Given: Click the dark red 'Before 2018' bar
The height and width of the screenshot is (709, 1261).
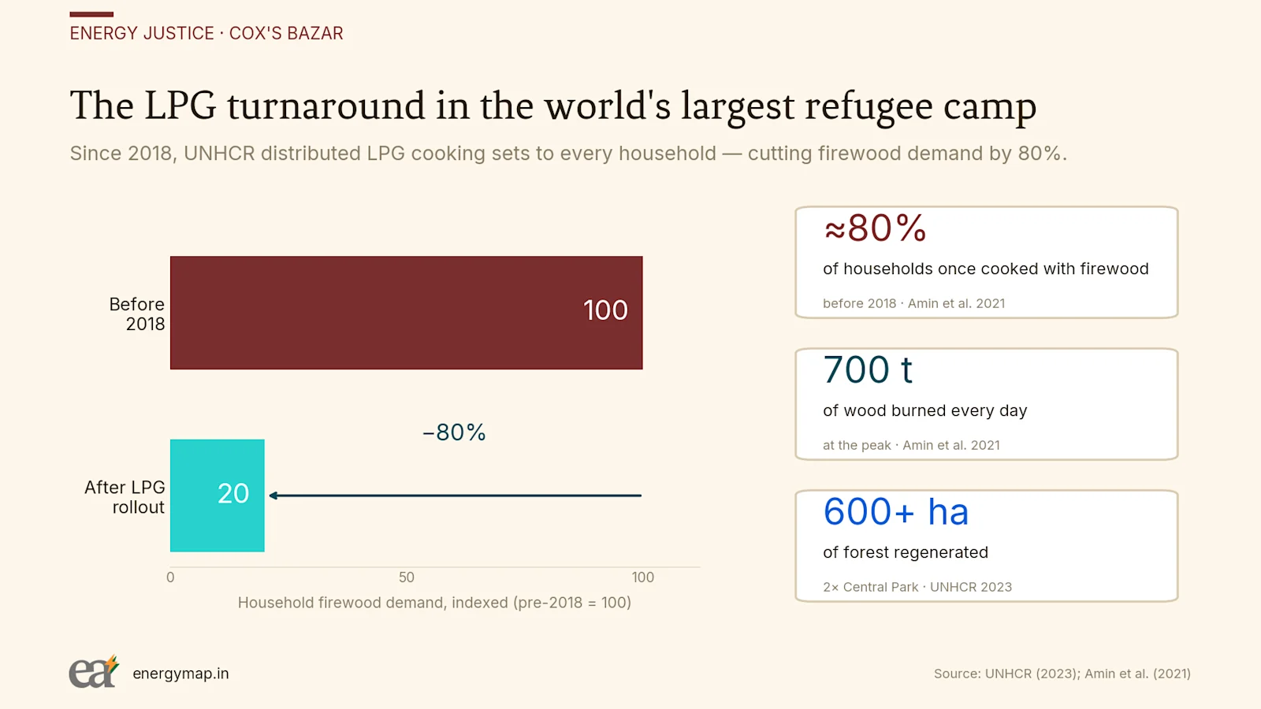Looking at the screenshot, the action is [x=406, y=313].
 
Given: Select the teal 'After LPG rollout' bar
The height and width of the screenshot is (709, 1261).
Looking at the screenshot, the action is [x=218, y=496].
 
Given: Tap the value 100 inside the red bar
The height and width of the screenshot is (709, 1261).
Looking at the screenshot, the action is [x=605, y=310].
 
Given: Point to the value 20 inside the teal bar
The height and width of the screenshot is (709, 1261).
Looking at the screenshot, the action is [x=233, y=493].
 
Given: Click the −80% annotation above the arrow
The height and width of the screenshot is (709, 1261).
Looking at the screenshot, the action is [x=454, y=432].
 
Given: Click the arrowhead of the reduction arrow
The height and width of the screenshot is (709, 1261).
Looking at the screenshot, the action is [x=273, y=496].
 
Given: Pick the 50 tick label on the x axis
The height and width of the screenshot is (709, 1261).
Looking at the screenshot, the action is [x=407, y=577].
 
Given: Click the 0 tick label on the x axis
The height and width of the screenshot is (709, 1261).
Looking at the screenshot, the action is [x=170, y=577].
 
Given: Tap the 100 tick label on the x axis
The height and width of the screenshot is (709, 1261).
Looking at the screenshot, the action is [x=643, y=577].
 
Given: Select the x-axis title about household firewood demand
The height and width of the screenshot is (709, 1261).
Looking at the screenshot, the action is [x=434, y=603].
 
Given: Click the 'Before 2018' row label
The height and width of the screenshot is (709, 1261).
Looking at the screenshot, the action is [x=137, y=314].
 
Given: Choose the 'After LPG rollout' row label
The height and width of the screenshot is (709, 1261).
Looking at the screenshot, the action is [x=125, y=497].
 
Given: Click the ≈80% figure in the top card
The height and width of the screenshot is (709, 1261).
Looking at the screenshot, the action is [x=875, y=228].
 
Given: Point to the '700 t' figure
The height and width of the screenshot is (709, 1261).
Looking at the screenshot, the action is [x=868, y=369].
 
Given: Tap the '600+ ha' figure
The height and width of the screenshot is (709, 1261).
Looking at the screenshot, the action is [x=895, y=511].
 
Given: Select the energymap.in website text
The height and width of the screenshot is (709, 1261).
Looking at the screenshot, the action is [x=180, y=674].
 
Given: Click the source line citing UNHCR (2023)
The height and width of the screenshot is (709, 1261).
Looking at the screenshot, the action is [x=1062, y=674].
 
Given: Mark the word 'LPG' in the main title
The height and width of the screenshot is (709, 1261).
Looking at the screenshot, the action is [x=180, y=106].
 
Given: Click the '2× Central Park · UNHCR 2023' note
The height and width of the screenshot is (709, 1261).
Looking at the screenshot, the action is [x=917, y=587].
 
